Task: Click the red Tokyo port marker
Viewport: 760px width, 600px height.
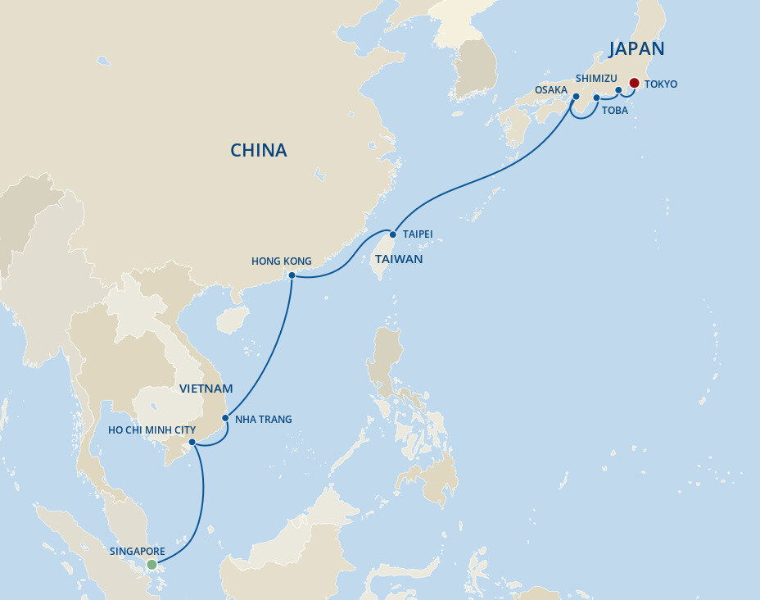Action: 634,83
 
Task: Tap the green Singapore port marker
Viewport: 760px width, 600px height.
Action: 152,565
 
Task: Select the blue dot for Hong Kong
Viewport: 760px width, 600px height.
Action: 292,275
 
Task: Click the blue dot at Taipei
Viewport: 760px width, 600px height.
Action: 392,234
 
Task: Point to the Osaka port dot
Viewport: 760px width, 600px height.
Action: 576,97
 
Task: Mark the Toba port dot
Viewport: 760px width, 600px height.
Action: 597,98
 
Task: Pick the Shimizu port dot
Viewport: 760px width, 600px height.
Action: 618,90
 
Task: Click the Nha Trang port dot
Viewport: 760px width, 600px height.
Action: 225,417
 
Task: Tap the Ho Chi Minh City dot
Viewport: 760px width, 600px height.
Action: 192,443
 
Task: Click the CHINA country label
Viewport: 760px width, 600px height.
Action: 258,151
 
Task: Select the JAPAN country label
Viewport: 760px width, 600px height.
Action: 636,48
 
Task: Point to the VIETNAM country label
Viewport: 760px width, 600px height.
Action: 206,389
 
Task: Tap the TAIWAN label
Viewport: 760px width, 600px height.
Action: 398,259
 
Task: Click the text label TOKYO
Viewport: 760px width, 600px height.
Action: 661,84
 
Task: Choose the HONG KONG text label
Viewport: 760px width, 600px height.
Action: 281,261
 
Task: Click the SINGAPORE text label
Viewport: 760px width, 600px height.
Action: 138,552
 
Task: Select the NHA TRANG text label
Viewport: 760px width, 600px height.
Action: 263,420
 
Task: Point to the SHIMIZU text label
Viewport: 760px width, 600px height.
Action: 595,78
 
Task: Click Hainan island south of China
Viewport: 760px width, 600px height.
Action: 233,318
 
